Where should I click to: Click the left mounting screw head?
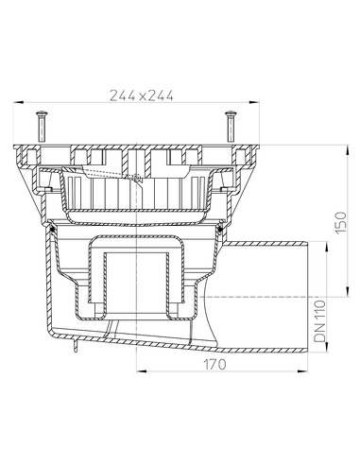41,114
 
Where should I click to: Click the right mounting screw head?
228,114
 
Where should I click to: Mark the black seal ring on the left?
54,226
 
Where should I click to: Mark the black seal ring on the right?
222,226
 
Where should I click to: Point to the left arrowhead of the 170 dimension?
140,369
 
